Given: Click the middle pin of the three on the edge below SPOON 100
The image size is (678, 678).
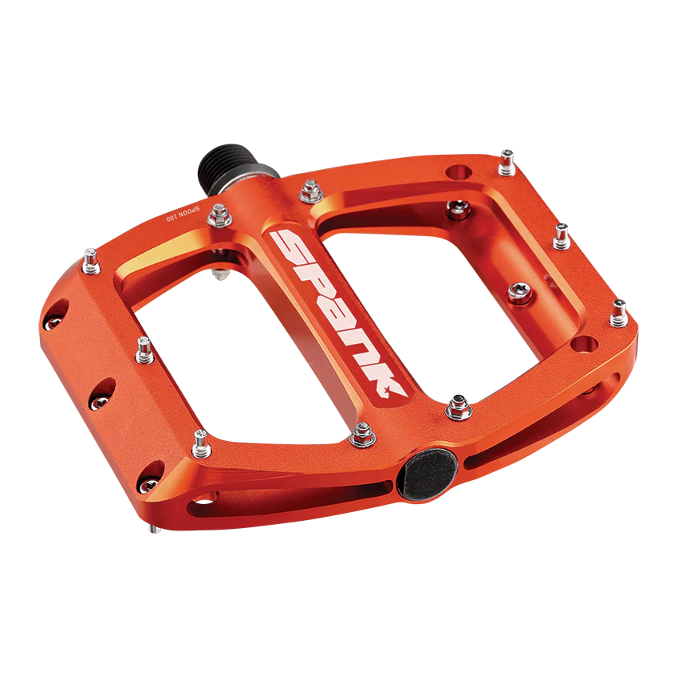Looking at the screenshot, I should click(x=144, y=346).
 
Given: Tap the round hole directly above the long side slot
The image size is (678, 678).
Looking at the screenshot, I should click(x=585, y=345).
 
